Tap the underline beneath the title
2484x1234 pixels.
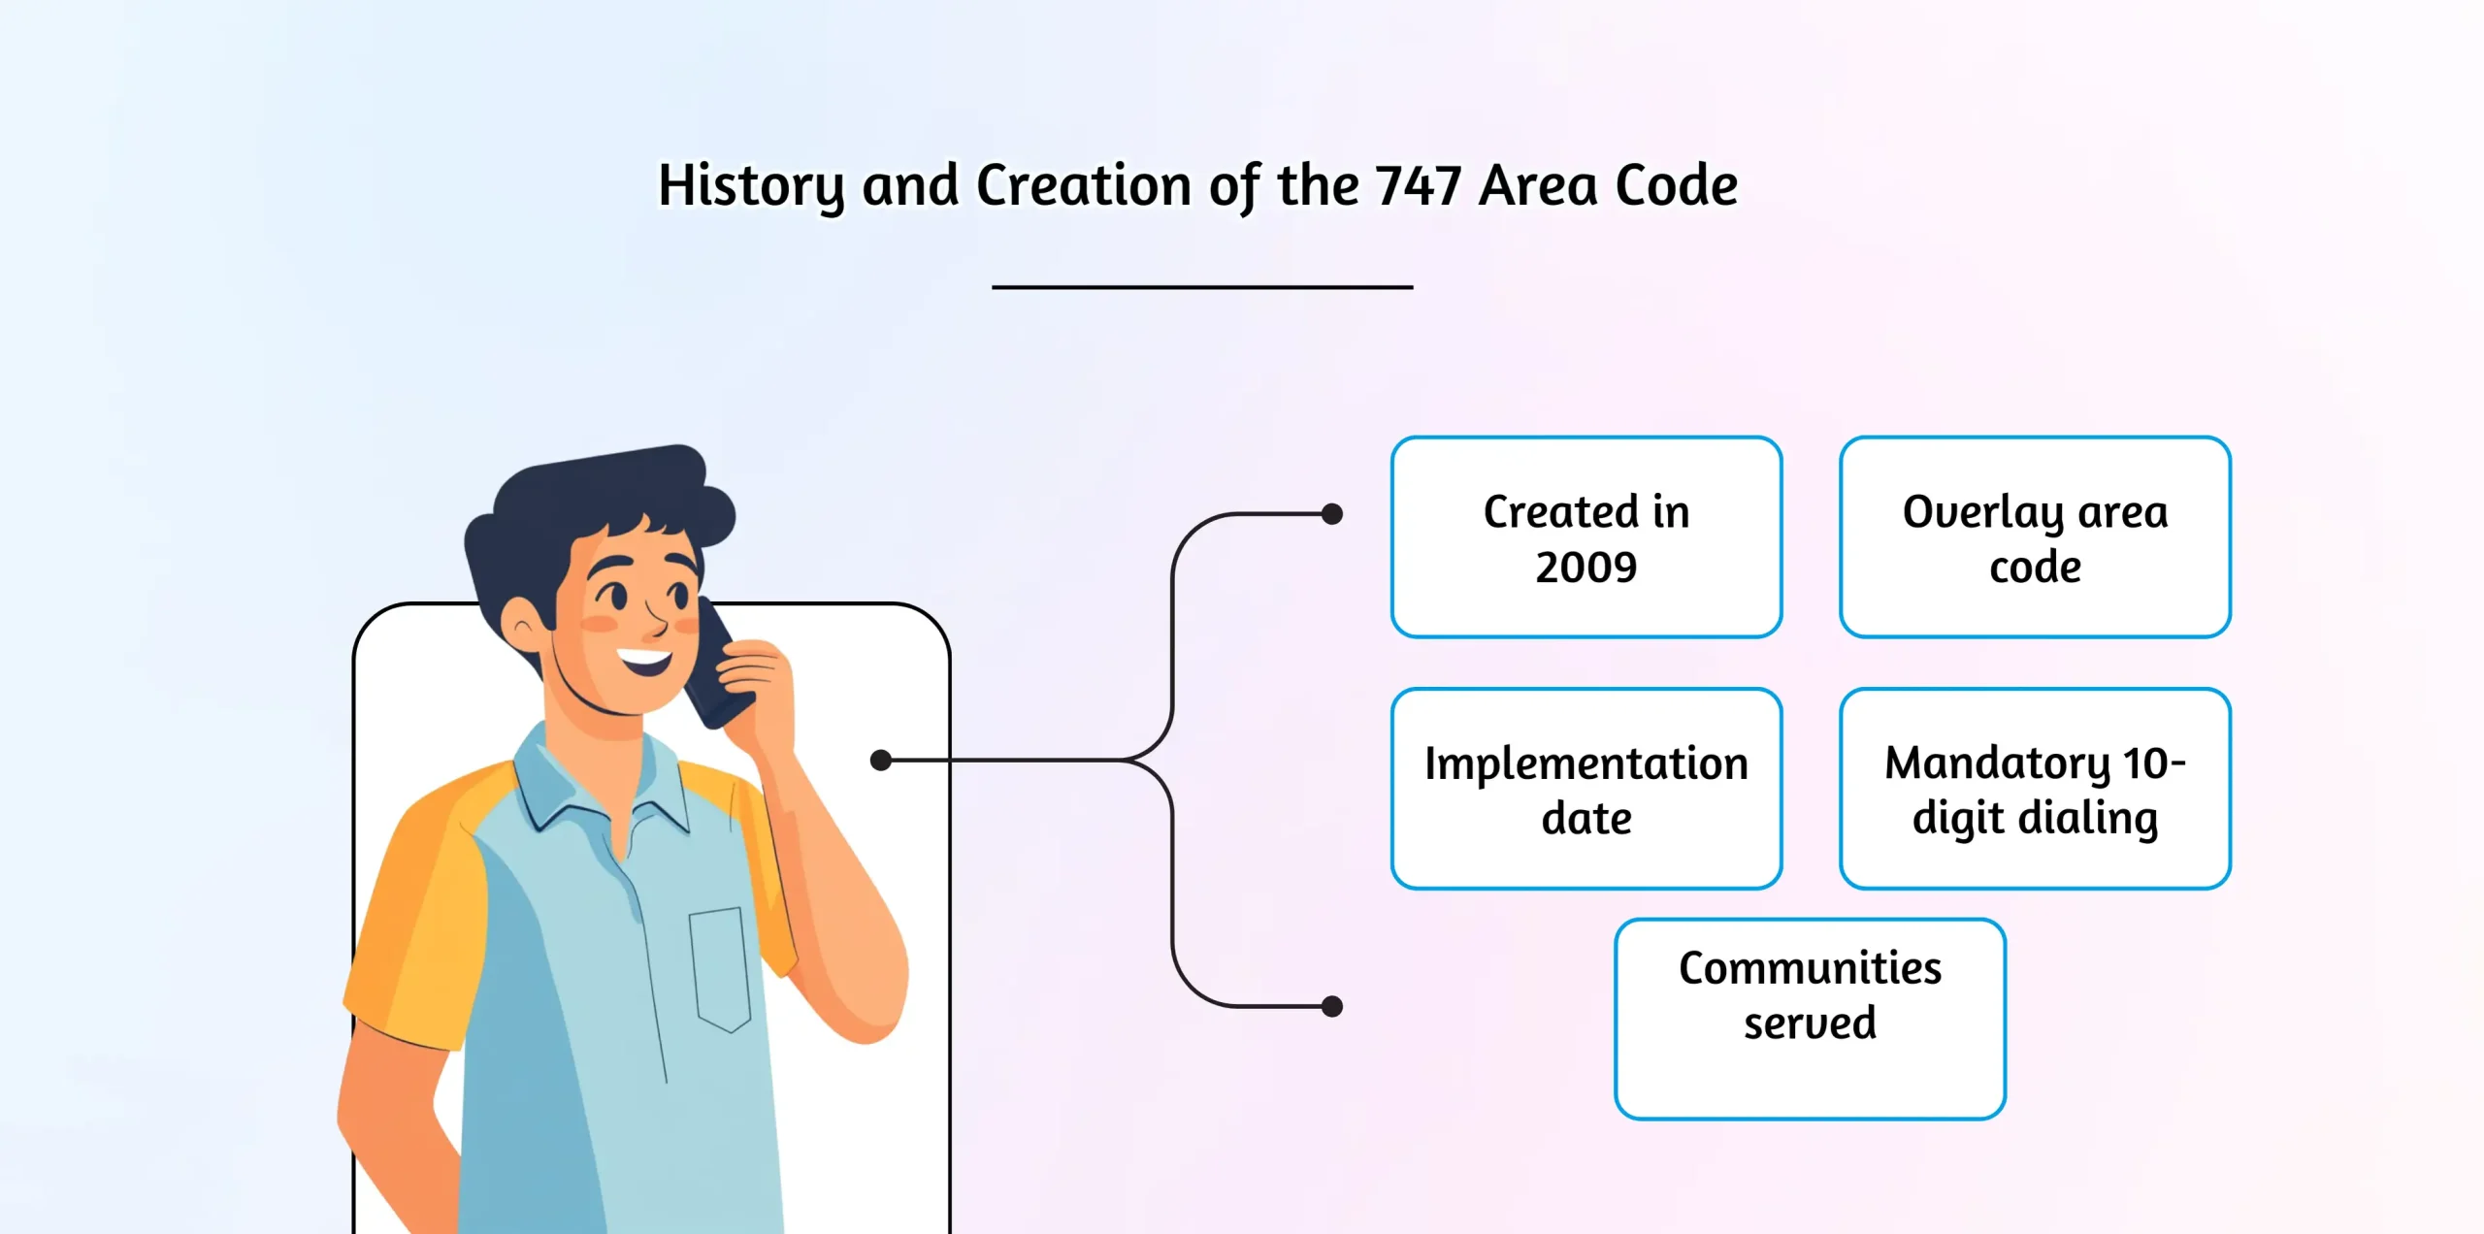[1202, 287]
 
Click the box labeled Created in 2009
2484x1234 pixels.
[1586, 536]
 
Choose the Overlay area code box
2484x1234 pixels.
[2035, 536]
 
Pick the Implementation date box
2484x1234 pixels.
[1586, 789]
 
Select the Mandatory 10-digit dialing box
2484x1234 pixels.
[2035, 789]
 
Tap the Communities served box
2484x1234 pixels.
[1811, 1020]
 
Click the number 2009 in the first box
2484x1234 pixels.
[1586, 567]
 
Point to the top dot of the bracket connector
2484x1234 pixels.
[1332, 514]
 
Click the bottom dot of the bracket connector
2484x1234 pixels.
[1332, 1006]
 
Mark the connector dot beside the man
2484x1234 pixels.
[881, 760]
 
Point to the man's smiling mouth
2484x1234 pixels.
[645, 663]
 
